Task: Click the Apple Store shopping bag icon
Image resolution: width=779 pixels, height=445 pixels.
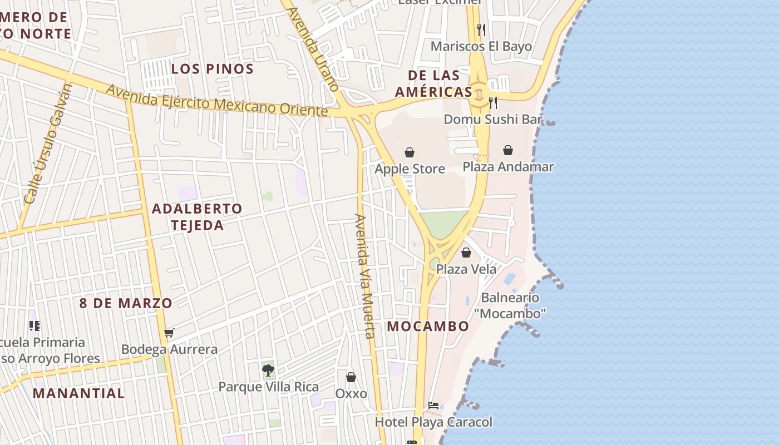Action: coord(410,152)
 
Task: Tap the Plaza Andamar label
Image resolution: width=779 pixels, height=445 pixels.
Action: coord(508,167)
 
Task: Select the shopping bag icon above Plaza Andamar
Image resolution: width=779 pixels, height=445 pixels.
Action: coord(508,150)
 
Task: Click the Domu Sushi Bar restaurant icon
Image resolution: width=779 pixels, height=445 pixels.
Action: coord(492,103)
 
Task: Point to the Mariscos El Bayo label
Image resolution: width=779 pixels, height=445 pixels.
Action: coord(481,46)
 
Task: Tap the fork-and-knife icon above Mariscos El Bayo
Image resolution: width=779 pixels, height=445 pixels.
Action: coord(481,29)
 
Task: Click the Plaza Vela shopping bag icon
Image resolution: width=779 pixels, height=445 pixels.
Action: coord(466,253)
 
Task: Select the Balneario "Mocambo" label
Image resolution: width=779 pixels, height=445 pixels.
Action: coord(510,305)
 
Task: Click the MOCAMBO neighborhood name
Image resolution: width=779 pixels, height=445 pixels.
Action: coord(428,327)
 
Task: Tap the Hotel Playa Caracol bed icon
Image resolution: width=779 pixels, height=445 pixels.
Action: coord(433,406)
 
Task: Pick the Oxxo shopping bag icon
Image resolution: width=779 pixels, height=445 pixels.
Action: coord(351,377)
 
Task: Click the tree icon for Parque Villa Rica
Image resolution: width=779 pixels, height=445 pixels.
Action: coord(268,370)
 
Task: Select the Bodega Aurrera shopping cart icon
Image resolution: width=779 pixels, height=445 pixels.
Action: coord(169,333)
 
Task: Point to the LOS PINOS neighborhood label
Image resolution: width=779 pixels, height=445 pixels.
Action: coord(213,69)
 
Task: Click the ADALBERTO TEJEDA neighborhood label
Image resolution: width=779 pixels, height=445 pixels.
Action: coord(197,217)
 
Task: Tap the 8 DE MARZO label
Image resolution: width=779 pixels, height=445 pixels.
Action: coord(126,304)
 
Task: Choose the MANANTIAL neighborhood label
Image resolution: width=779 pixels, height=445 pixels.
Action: coord(78,393)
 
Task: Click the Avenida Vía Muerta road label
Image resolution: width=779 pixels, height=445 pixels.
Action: coord(364,276)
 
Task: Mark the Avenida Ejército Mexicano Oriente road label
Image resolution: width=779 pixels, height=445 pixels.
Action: coord(216,101)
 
